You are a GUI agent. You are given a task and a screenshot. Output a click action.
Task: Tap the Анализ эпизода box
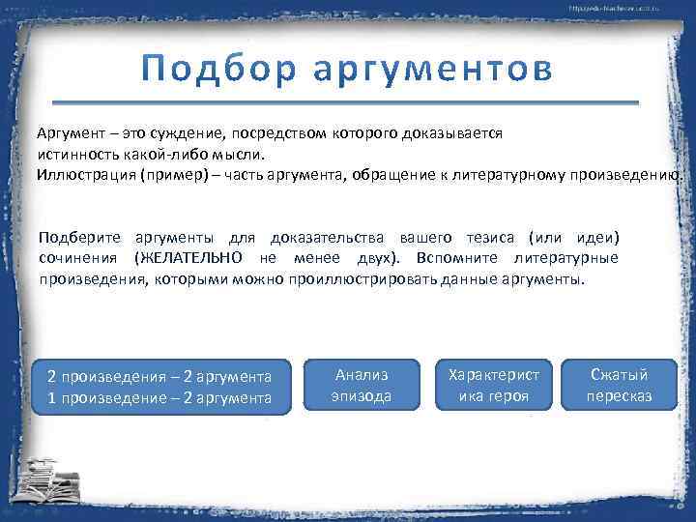[361, 386]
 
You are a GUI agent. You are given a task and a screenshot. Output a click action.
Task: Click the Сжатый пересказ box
[619, 386]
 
